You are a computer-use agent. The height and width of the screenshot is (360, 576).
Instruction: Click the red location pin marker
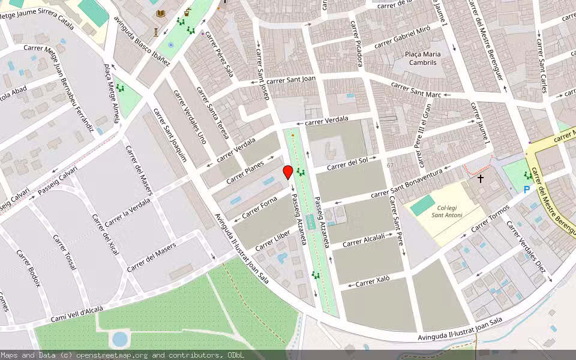[288, 172]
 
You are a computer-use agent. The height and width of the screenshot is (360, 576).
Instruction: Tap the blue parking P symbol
[527, 190]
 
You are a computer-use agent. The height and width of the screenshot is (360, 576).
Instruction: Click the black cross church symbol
[480, 178]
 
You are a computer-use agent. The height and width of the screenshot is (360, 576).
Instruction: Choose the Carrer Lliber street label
[272, 240]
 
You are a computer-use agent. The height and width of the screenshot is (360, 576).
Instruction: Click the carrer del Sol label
[348, 163]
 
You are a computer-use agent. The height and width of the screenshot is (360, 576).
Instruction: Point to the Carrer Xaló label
[373, 281]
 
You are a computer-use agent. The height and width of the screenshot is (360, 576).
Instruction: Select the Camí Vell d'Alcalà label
[77, 313]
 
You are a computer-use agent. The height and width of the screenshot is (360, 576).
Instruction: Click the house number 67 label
[391, 165]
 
